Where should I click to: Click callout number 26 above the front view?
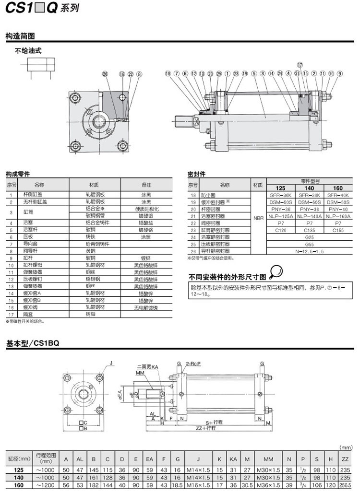tap(106, 74)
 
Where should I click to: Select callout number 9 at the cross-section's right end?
tap(340, 74)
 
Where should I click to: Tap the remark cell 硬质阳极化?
tap(146, 209)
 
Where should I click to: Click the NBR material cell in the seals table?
tap(258, 217)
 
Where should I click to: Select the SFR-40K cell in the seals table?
tap(338, 195)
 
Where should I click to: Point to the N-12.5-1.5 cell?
tap(310, 251)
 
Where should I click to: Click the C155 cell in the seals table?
tap(338, 230)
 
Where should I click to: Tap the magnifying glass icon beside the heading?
tap(276, 273)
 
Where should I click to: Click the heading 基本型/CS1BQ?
tap(32, 344)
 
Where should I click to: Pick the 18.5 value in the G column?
tap(177, 485)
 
